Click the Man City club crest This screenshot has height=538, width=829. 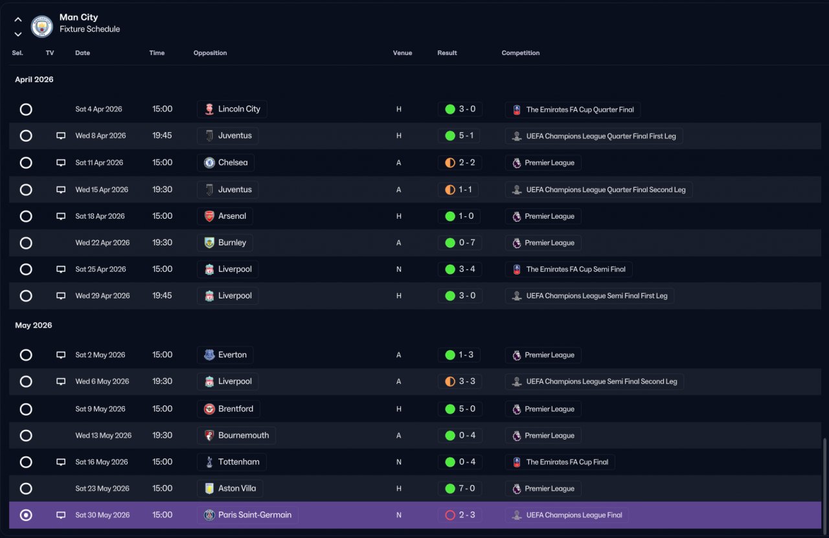[x=42, y=27]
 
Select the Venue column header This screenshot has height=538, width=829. [x=402, y=53]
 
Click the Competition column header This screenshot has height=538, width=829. [x=520, y=53]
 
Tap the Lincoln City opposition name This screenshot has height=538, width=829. [x=239, y=109]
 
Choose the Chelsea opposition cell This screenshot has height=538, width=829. [x=226, y=163]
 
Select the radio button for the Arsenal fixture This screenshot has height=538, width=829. [x=26, y=216]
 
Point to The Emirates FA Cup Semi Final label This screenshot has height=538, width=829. [x=576, y=269]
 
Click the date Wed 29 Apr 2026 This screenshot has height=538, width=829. [x=102, y=296]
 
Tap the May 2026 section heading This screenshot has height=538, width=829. [x=33, y=325]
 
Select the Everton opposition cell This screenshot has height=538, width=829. [x=225, y=355]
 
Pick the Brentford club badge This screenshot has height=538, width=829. [x=209, y=409]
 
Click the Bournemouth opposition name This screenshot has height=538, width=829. [x=244, y=436]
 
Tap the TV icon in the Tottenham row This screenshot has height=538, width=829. [x=61, y=462]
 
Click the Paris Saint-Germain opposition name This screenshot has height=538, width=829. [x=255, y=515]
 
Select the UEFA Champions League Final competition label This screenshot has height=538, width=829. [x=574, y=515]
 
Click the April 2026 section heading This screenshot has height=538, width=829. [x=34, y=80]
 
